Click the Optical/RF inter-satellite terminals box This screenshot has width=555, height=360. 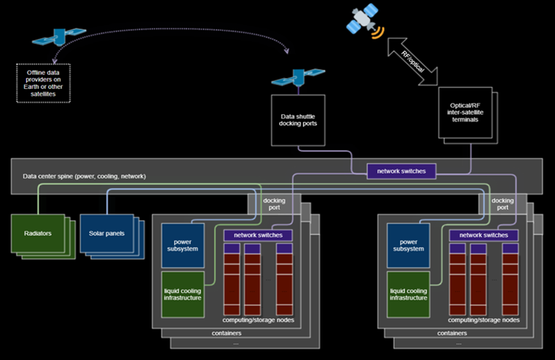466,114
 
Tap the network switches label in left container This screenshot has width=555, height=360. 258,235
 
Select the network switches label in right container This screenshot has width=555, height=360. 484,235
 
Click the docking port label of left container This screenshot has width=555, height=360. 274,204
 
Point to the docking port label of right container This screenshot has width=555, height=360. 502,204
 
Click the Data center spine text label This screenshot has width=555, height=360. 84,176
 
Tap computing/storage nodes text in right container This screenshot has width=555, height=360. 484,320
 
